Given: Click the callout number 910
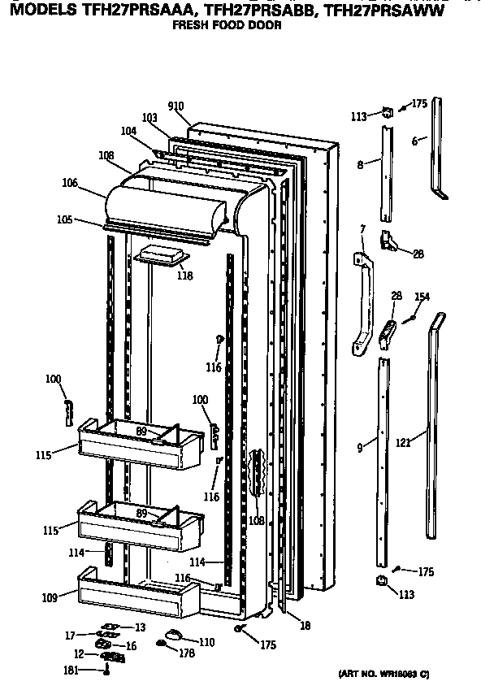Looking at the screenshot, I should pos(175,106).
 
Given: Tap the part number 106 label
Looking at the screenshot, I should pos(70,184).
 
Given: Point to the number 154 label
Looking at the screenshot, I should pos(422,297).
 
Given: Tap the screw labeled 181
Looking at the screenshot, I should pos(107,670).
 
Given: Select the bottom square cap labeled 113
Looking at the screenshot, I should pos(379,579).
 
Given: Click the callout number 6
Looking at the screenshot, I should pos(414,141).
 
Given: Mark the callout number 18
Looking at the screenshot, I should pos(305,625).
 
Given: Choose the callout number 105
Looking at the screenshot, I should pos(65,219).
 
